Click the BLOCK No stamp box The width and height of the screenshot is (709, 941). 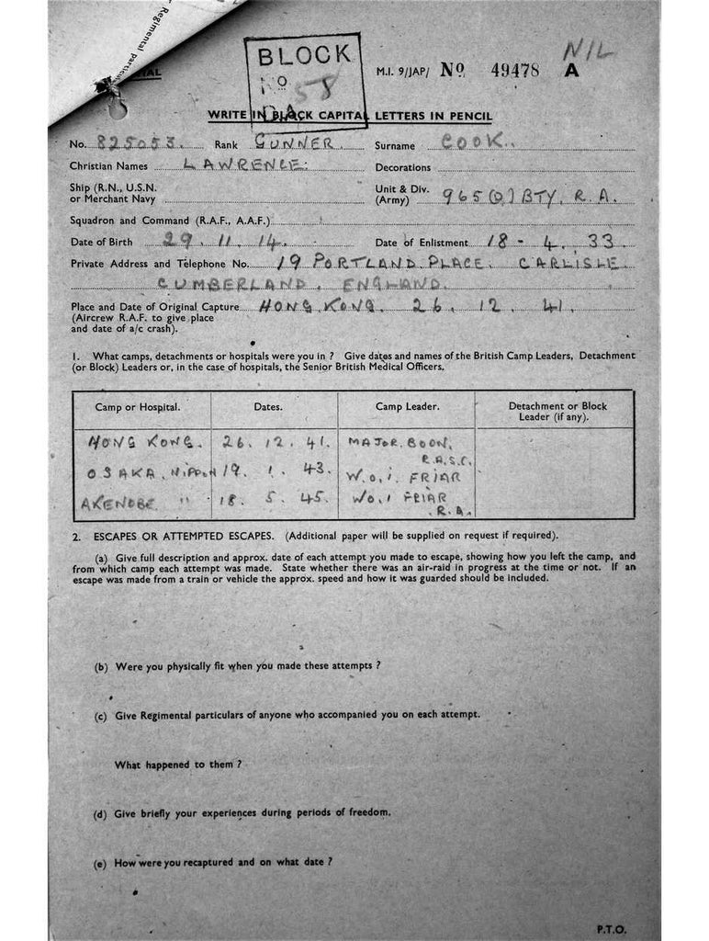pyautogui.click(x=303, y=80)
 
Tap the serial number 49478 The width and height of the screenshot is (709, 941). pyautogui.click(x=515, y=71)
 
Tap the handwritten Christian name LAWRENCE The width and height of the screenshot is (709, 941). pyautogui.click(x=242, y=165)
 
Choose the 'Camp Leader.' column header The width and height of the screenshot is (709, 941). pyautogui.click(x=407, y=406)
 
